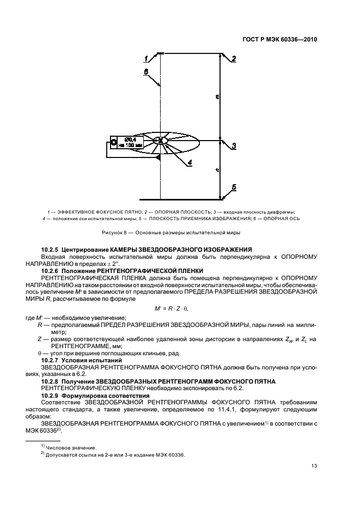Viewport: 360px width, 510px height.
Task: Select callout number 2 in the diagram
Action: click(x=233, y=59)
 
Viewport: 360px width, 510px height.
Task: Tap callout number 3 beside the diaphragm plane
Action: click(x=233, y=145)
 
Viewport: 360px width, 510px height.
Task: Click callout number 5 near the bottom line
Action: click(x=233, y=187)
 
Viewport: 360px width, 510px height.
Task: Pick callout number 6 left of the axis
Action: click(x=145, y=71)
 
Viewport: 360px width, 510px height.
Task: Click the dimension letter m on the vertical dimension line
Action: click(x=217, y=98)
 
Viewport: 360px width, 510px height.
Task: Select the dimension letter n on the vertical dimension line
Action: click(x=217, y=169)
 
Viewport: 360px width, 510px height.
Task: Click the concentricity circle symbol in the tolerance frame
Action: click(x=114, y=142)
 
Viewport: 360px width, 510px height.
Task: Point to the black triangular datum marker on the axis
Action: click(x=158, y=157)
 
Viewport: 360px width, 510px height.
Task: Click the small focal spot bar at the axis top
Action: click(x=160, y=53)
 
